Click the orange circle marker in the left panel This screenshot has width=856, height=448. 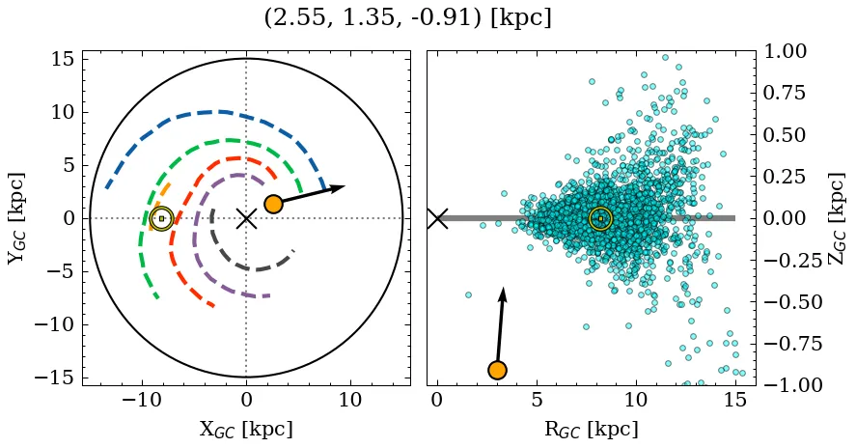[273, 204]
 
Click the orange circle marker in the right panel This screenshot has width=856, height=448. [497, 370]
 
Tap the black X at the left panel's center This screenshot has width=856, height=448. [246, 218]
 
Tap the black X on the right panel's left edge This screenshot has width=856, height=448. [437, 218]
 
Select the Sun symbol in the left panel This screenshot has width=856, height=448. [161, 219]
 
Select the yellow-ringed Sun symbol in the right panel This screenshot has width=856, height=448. [600, 219]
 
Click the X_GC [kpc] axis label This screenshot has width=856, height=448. [246, 429]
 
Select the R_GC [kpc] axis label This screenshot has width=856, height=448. [591, 429]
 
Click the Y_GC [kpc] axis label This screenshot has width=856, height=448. [16, 217]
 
